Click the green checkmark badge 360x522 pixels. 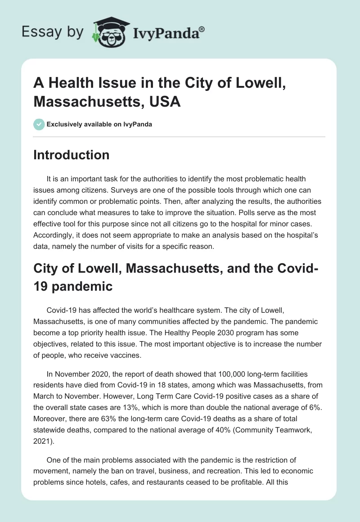point(39,124)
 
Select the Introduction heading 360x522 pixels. point(71,155)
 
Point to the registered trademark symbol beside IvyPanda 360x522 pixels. point(202,28)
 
